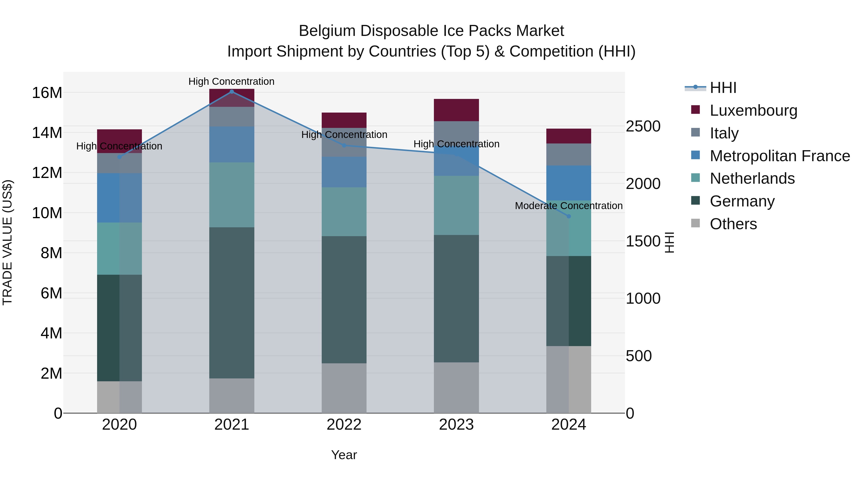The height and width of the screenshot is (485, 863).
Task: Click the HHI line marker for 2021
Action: pos(232,92)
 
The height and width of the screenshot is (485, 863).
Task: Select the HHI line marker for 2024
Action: pos(569,216)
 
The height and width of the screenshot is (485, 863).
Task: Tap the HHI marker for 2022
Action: pos(344,145)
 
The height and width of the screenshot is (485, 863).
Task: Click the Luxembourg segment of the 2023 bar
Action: pos(456,110)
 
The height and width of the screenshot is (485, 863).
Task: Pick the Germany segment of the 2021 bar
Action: pos(232,303)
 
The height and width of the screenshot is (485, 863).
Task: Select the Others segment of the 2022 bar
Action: pos(344,388)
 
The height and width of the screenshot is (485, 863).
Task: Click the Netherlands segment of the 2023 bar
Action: pos(456,205)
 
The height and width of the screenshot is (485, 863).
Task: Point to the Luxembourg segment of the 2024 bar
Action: pos(569,136)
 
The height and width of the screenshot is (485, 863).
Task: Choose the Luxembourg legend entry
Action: pos(753,110)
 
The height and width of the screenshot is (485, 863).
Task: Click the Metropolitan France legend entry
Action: pos(780,156)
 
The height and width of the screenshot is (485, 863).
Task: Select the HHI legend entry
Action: pos(723,88)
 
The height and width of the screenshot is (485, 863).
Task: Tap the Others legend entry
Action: pos(733,224)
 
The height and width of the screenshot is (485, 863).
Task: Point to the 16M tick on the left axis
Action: pos(47,93)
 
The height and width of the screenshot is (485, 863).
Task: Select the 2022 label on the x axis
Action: pos(344,425)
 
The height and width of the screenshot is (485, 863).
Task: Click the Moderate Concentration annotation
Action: pos(569,205)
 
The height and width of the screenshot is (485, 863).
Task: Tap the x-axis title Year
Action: pos(344,455)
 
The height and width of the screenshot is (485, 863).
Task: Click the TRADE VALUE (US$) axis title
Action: pos(7,242)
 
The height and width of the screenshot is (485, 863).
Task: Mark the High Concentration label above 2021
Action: pos(232,81)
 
